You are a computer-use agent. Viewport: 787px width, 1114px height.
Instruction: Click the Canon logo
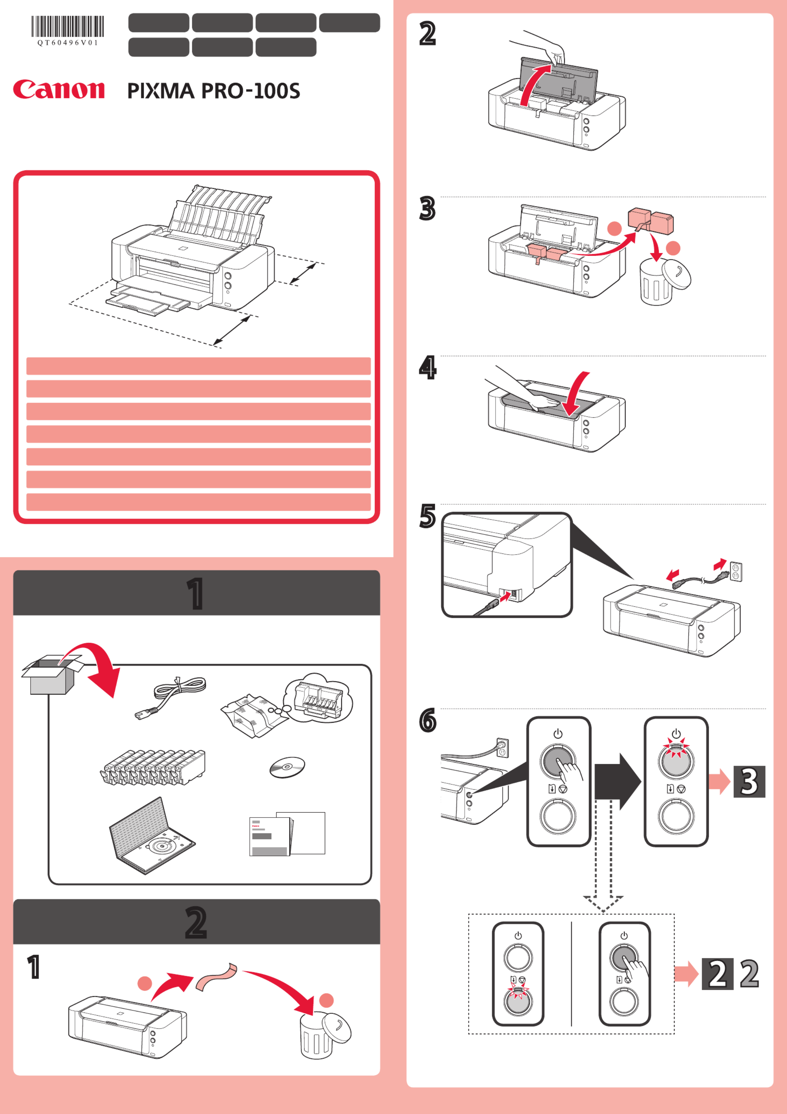pyautogui.click(x=59, y=90)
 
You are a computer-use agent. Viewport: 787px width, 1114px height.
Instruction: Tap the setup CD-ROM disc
pyautogui.click(x=287, y=767)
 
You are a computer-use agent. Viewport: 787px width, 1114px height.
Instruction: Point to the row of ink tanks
pyautogui.click(x=153, y=767)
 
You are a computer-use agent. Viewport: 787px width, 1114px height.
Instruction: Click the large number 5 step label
pyautogui.click(x=427, y=516)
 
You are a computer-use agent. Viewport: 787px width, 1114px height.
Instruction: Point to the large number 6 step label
pyautogui.click(x=427, y=720)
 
